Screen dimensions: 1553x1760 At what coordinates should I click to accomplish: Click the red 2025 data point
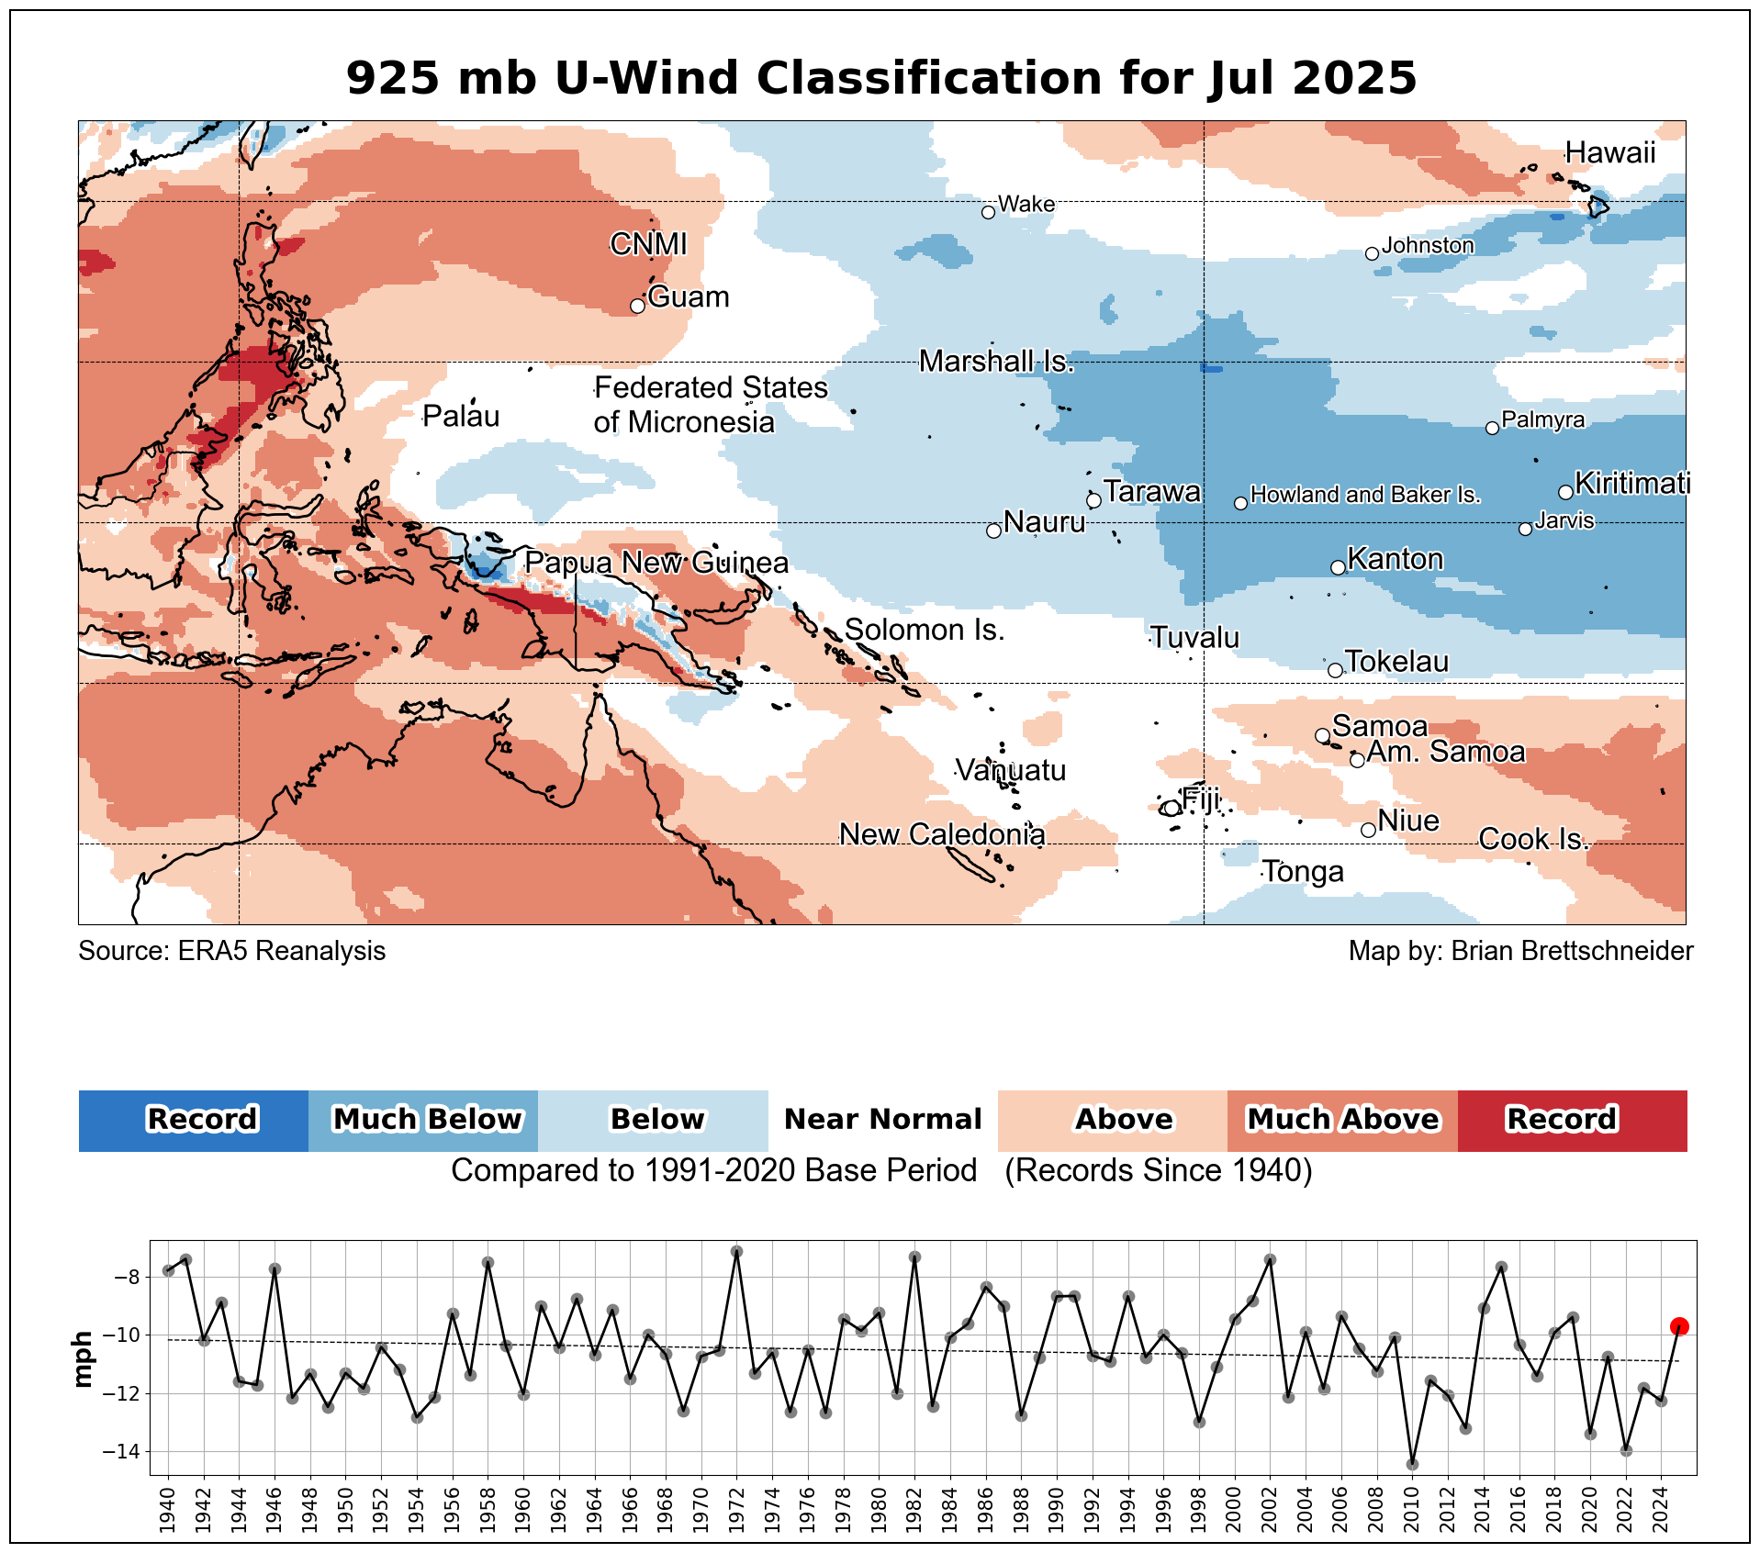[1679, 1326]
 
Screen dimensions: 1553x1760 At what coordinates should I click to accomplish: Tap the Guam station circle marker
[638, 306]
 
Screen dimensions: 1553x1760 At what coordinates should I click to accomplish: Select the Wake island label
[1026, 204]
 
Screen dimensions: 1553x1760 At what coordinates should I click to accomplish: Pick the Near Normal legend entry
[882, 1120]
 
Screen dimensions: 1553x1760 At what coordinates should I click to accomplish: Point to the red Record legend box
[1572, 1120]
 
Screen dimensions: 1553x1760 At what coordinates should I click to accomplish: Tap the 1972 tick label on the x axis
[737, 1509]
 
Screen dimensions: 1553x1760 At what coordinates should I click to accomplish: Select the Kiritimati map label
[1632, 483]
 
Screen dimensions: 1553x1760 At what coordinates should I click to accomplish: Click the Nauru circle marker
[993, 531]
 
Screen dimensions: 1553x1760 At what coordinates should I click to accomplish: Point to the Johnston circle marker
[1372, 253]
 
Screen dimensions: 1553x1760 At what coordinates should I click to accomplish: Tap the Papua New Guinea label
[656, 563]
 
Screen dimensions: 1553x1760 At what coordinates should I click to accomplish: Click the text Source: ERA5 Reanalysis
[232, 951]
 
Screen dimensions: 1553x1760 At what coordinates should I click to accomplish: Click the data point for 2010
[1412, 1464]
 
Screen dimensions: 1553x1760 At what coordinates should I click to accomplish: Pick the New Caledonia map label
[942, 834]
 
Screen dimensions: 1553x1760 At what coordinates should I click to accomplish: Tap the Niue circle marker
[1368, 830]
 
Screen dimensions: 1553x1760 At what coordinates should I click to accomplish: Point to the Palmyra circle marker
[1492, 428]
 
